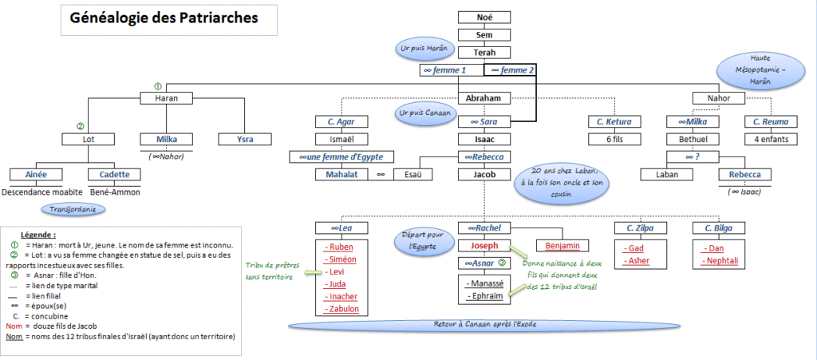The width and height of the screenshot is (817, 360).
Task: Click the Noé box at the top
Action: click(x=484, y=18)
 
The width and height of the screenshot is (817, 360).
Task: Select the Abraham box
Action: click(x=484, y=98)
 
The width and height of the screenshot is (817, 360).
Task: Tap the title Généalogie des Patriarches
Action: click(x=164, y=18)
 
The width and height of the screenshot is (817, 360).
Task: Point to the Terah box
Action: click(x=484, y=52)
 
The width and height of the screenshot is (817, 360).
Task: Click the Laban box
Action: click(x=667, y=175)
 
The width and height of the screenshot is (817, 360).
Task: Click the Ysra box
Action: click(x=245, y=140)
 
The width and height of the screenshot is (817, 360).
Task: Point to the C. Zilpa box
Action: click(x=641, y=228)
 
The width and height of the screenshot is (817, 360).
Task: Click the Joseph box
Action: click(x=484, y=245)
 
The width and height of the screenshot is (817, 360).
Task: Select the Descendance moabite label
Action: click(x=43, y=192)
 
